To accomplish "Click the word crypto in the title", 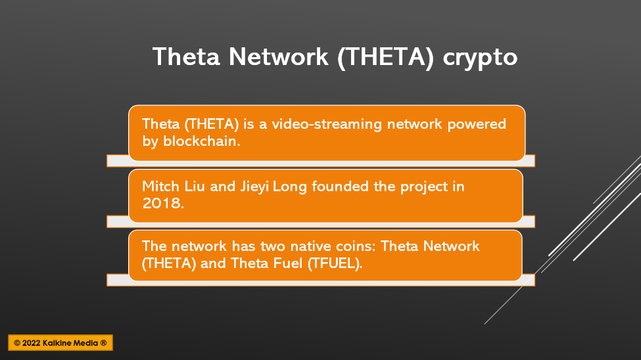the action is pos(480,58).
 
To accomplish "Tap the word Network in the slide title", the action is pos(278,56).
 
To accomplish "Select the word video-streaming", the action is pos(327,124).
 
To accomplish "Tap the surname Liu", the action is pos(195,187).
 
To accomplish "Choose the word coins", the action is pos(356,246).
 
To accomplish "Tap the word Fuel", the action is pos(287,263).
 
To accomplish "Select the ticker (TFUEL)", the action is pos(335,263).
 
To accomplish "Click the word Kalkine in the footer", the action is pos(58,343).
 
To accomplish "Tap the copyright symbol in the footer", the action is pos(17,343).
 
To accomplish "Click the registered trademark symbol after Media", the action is pos(103,343).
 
